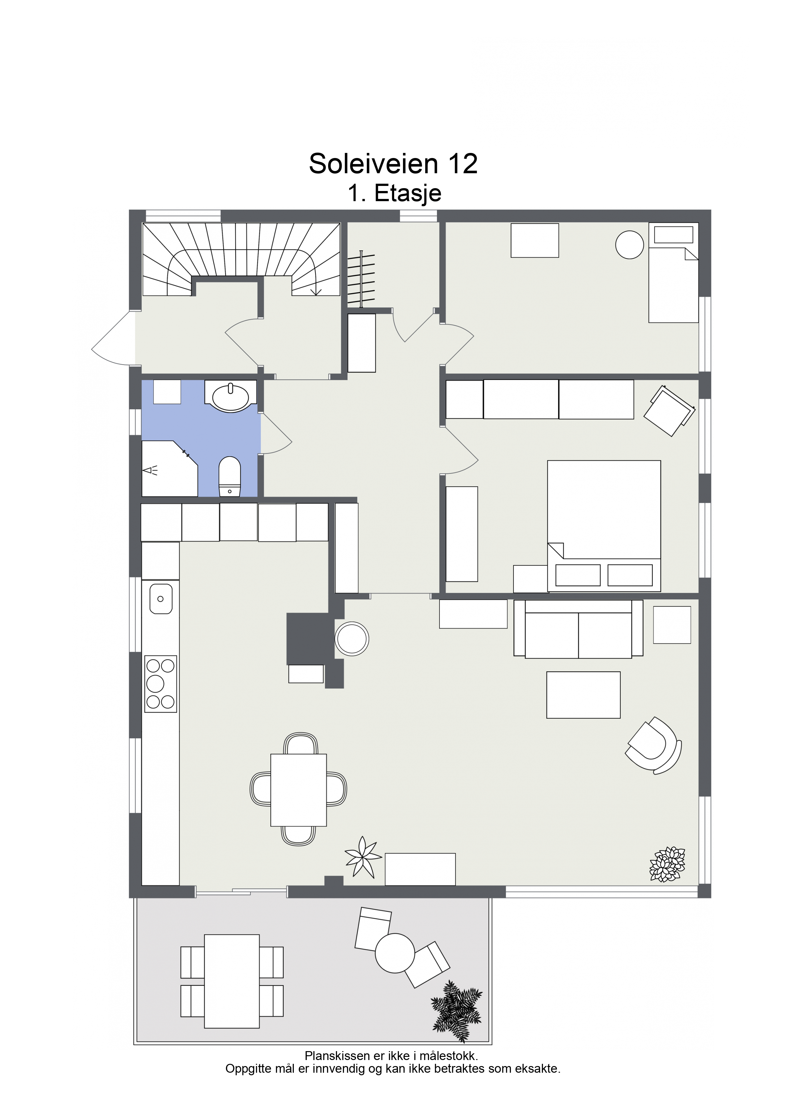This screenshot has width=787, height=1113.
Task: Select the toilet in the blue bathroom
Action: (229, 477)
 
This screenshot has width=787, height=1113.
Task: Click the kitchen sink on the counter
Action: (161, 599)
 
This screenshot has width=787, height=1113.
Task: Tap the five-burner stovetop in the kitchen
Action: (161, 684)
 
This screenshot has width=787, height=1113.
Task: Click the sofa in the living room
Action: (579, 629)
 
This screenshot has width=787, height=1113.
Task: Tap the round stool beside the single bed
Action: (629, 245)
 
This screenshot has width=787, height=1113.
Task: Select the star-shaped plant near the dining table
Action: (363, 857)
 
